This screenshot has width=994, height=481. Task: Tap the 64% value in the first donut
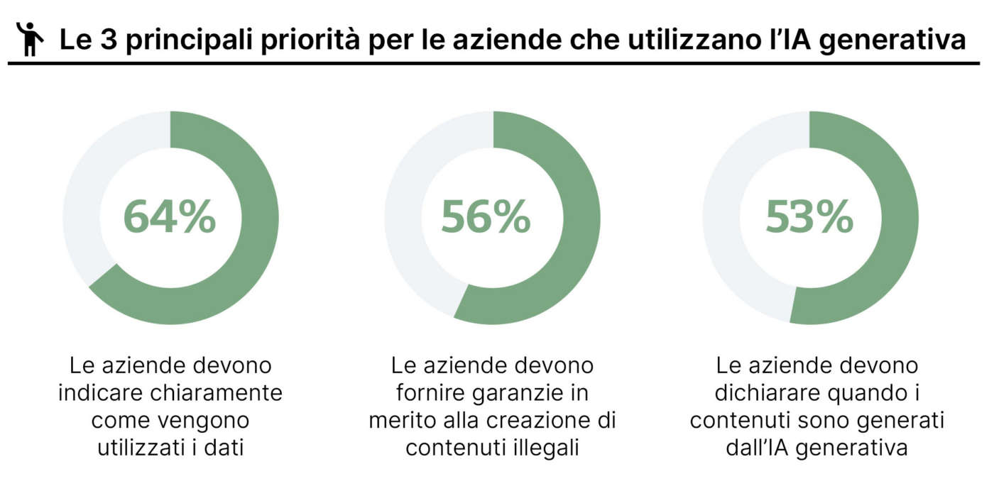170,217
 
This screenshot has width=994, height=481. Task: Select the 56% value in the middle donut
486,217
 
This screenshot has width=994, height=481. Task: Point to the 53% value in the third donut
809,217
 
